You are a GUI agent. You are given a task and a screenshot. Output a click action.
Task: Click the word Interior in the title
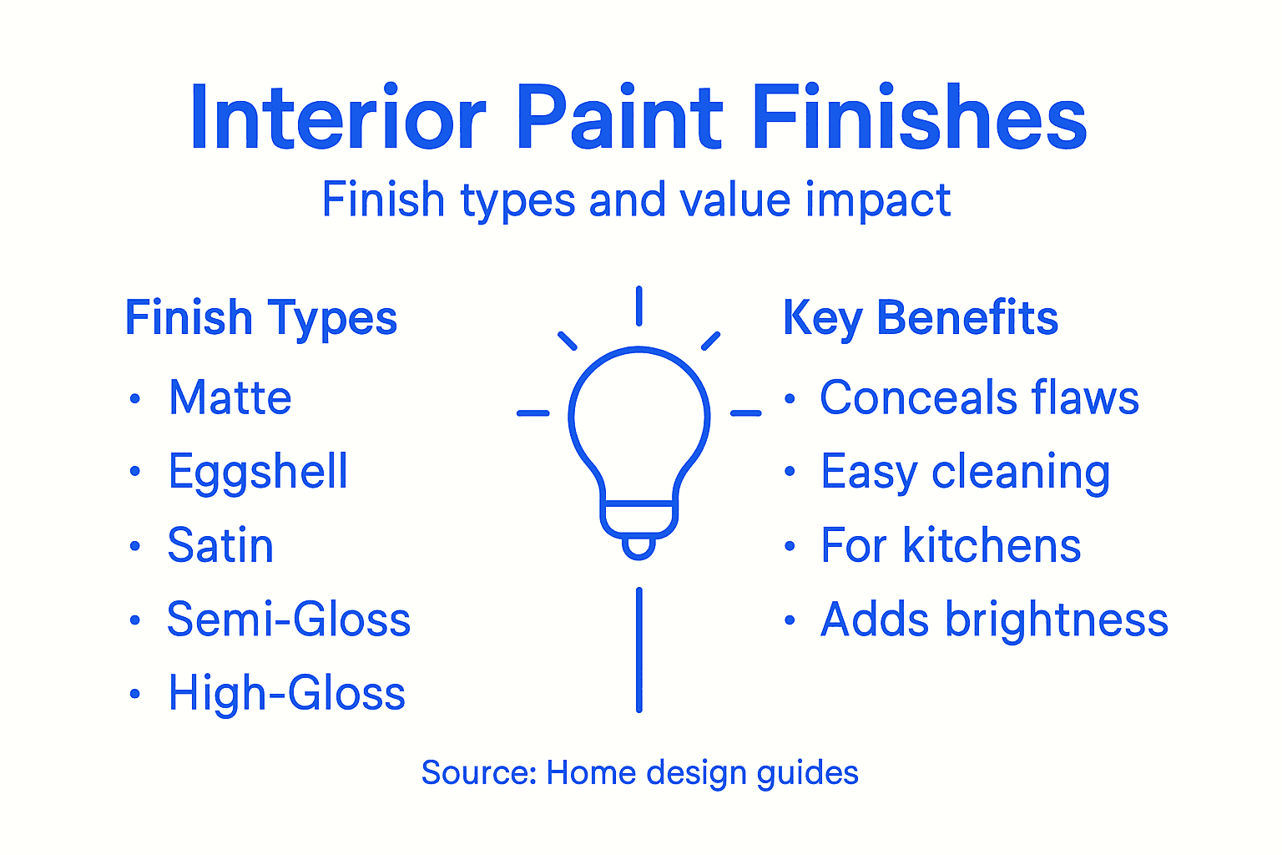click(x=338, y=119)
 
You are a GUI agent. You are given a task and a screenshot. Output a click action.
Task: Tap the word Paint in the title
click(x=619, y=119)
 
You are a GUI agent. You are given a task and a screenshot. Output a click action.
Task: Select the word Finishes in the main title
click(x=919, y=119)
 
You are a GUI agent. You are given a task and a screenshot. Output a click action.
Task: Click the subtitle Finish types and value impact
click(x=636, y=200)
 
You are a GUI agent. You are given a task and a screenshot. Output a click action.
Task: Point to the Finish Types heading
click(x=260, y=319)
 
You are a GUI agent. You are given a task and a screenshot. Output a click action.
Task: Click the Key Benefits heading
click(x=920, y=319)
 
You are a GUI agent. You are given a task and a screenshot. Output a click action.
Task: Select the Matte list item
click(x=230, y=398)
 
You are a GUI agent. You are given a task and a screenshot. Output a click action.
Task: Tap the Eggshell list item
click(x=258, y=472)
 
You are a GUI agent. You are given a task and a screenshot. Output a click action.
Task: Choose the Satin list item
click(x=220, y=546)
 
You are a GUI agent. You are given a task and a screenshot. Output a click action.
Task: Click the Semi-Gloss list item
click(x=289, y=620)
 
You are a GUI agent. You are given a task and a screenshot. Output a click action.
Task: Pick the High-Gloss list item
click(x=286, y=694)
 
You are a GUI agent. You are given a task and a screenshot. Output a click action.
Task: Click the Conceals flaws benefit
click(x=979, y=398)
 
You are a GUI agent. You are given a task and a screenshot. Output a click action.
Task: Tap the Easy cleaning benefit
click(x=965, y=472)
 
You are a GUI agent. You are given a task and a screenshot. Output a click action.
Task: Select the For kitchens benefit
click(x=951, y=546)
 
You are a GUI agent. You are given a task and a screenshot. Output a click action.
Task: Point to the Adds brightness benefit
click(x=994, y=620)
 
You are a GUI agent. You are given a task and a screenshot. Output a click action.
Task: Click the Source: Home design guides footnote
click(x=639, y=773)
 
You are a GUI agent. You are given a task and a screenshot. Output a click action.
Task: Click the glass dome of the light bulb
click(x=639, y=417)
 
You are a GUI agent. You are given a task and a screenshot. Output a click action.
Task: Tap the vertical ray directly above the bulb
click(x=638, y=306)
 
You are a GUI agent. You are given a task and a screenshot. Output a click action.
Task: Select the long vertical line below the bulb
click(x=639, y=650)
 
